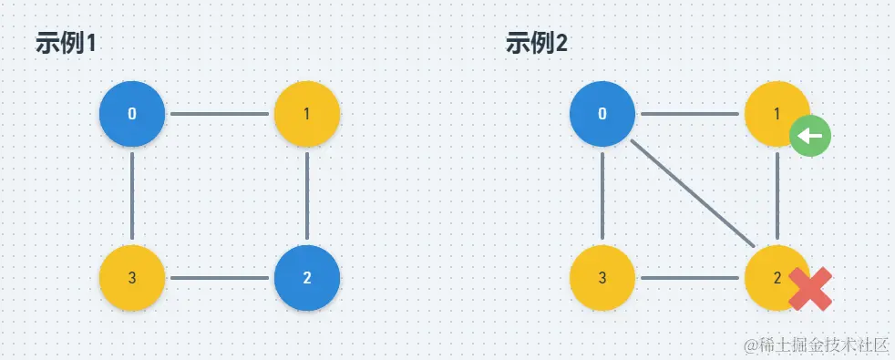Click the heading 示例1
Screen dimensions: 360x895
tap(66, 43)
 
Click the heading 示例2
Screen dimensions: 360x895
tap(536, 43)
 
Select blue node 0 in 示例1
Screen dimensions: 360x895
tap(132, 114)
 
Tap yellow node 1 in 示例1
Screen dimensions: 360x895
tap(307, 114)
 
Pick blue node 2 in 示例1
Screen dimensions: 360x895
tap(307, 278)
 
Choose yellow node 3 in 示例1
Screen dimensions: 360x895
tap(132, 278)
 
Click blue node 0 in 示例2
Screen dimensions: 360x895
tap(602, 114)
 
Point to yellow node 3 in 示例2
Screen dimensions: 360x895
tap(602, 278)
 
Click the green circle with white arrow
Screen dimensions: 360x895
tap(809, 137)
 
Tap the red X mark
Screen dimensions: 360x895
tap(809, 290)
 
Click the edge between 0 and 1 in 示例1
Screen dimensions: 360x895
tap(220, 114)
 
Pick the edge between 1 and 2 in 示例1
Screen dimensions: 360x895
tap(307, 196)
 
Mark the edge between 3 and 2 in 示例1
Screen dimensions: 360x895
tap(220, 278)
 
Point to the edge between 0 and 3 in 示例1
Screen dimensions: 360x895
tap(132, 196)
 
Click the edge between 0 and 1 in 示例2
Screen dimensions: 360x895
tap(690, 114)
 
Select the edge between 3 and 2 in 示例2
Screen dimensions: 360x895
tap(690, 278)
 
